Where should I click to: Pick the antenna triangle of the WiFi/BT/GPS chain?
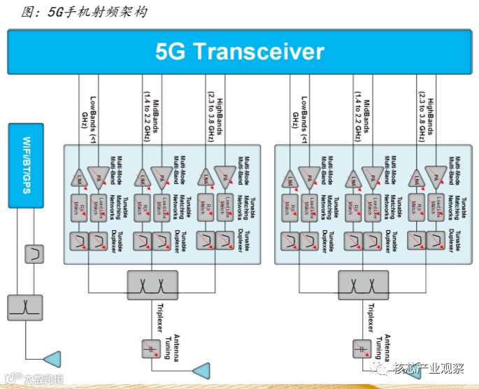pyautogui.click(x=52, y=360)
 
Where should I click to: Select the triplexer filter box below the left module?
pyautogui.click(x=152, y=284)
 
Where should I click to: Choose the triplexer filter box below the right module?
pyautogui.click(x=363, y=284)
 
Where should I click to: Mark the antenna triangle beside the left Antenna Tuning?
pyautogui.click(x=201, y=369)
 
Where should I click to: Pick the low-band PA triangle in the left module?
pyautogui.click(x=99, y=176)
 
